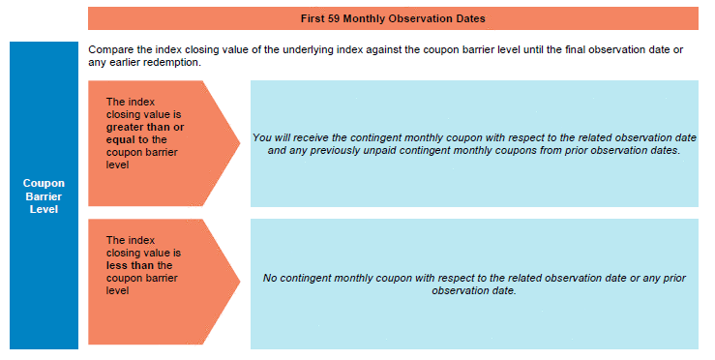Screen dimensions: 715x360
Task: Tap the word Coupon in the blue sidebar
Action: pos(44,184)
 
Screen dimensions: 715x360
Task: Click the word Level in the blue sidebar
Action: pos(44,209)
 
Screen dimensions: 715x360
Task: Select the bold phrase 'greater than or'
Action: pos(145,128)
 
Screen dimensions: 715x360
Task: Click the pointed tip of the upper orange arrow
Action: pos(240,143)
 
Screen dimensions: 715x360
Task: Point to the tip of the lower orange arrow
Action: pos(240,281)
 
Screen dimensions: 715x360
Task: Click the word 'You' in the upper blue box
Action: pos(262,137)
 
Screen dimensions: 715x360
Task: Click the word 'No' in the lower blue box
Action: pos(270,278)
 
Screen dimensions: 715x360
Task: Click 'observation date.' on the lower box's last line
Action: pos(474,290)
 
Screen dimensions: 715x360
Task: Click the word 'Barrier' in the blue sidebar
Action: pos(44,196)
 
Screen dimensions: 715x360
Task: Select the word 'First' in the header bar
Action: pos(313,18)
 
